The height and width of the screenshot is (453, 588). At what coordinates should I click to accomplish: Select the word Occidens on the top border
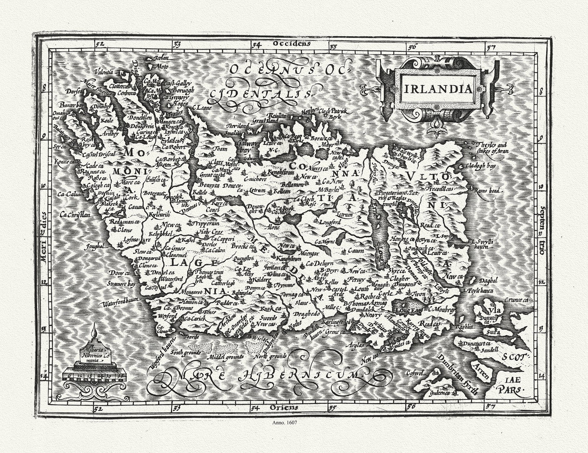pos(292,43)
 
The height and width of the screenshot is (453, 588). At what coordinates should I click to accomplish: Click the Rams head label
pos(487,190)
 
